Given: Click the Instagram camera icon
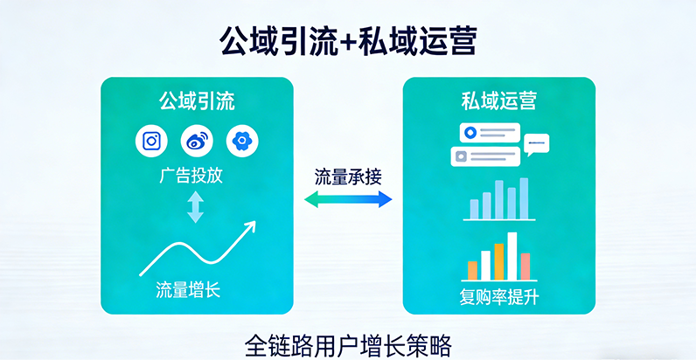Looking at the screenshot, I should (x=151, y=141).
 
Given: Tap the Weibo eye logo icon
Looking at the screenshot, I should (x=196, y=141).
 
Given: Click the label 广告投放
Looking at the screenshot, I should (x=192, y=177).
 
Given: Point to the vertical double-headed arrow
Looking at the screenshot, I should (x=195, y=207).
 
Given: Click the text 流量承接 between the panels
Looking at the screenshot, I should (x=348, y=176).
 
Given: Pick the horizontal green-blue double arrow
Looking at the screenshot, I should (x=348, y=200).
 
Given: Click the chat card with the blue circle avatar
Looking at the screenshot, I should (x=489, y=134).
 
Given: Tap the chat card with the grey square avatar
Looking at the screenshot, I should (x=484, y=156).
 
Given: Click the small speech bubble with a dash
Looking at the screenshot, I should (x=535, y=143).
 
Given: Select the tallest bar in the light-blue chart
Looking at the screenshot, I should (x=525, y=198).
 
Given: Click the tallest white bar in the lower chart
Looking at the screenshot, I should (x=512, y=255).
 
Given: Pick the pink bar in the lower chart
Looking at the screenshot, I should (x=525, y=266).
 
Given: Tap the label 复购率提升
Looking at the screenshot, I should (x=499, y=295).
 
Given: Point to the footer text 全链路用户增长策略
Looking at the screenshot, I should (x=348, y=343).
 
